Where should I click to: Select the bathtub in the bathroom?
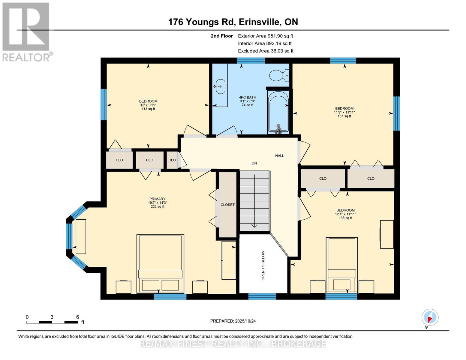point(278,112)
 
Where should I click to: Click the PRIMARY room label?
point(157,199)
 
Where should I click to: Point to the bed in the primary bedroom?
point(160,263)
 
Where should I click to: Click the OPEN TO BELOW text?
point(263,265)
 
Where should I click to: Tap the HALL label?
point(279,156)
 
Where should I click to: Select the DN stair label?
point(254,163)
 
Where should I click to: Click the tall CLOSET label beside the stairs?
point(227,205)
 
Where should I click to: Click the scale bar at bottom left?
point(52,322)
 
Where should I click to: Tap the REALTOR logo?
point(26,31)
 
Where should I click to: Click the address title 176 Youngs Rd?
point(233,22)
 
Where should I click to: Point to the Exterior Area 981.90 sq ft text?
point(265,36)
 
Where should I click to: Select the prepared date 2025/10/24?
point(233,321)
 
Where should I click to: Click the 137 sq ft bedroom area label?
point(344,116)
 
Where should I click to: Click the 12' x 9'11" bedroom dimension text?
point(148,105)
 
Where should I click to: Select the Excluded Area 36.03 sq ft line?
point(266,51)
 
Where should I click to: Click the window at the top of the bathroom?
point(251,61)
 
